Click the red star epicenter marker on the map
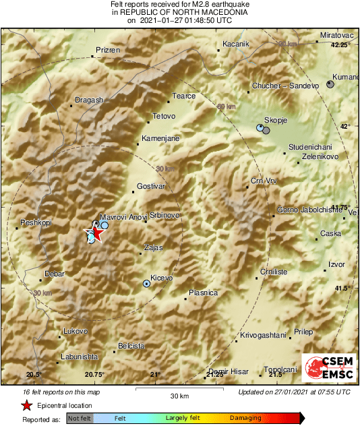94,233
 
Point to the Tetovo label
164,117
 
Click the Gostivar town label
150,185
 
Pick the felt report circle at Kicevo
146,284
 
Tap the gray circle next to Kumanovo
330,84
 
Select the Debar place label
54,274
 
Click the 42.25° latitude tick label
340,45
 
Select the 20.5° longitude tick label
34,374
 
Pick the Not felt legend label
82,418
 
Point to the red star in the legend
26,406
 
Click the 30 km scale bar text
179,396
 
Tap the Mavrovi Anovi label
123,217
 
